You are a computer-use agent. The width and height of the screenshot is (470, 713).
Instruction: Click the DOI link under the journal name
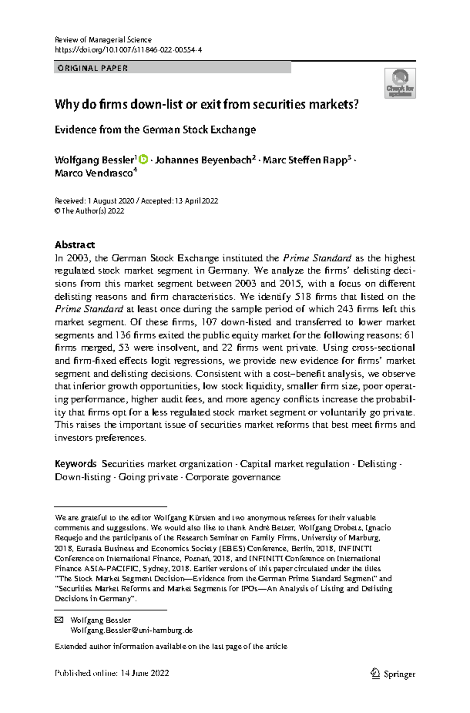click(128, 50)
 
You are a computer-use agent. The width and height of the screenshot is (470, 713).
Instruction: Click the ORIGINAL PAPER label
click(92, 68)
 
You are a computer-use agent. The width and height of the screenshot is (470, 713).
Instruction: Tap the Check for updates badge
click(400, 83)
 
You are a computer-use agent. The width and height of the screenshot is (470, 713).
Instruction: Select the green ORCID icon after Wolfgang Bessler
click(144, 159)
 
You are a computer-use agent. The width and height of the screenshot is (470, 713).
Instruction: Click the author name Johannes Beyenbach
click(203, 160)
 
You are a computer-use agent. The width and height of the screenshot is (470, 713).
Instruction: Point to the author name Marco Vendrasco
click(94, 173)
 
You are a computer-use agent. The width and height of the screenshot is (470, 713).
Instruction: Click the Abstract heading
click(74, 245)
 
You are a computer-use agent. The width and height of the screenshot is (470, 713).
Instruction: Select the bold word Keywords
click(75, 464)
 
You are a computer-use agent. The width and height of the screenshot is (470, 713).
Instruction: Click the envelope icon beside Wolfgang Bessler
click(59, 620)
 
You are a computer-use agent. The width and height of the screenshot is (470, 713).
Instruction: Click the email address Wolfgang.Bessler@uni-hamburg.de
click(131, 630)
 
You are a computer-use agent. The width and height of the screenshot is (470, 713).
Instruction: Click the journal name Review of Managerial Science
click(103, 40)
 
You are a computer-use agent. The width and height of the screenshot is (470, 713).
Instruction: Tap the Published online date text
click(112, 673)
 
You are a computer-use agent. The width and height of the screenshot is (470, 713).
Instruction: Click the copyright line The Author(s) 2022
click(89, 211)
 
